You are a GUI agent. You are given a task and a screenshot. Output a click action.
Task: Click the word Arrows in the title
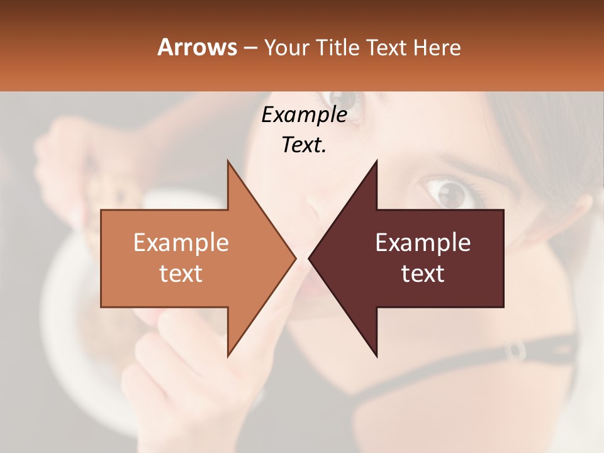tap(197, 47)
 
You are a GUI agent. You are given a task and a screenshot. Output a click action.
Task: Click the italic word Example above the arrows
tap(304, 115)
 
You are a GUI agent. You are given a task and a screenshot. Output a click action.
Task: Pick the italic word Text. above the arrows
tap(304, 145)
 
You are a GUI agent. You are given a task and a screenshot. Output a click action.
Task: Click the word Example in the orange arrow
tap(181, 243)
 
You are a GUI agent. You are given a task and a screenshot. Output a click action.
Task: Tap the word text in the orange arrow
tap(181, 273)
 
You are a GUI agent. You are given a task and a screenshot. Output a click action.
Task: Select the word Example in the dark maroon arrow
tap(423, 243)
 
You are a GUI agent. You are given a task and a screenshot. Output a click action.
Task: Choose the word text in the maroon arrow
tap(423, 273)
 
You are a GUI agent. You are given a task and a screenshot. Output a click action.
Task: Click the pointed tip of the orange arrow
tap(295, 258)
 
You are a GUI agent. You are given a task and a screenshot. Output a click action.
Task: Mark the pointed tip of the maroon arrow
tap(310, 258)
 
